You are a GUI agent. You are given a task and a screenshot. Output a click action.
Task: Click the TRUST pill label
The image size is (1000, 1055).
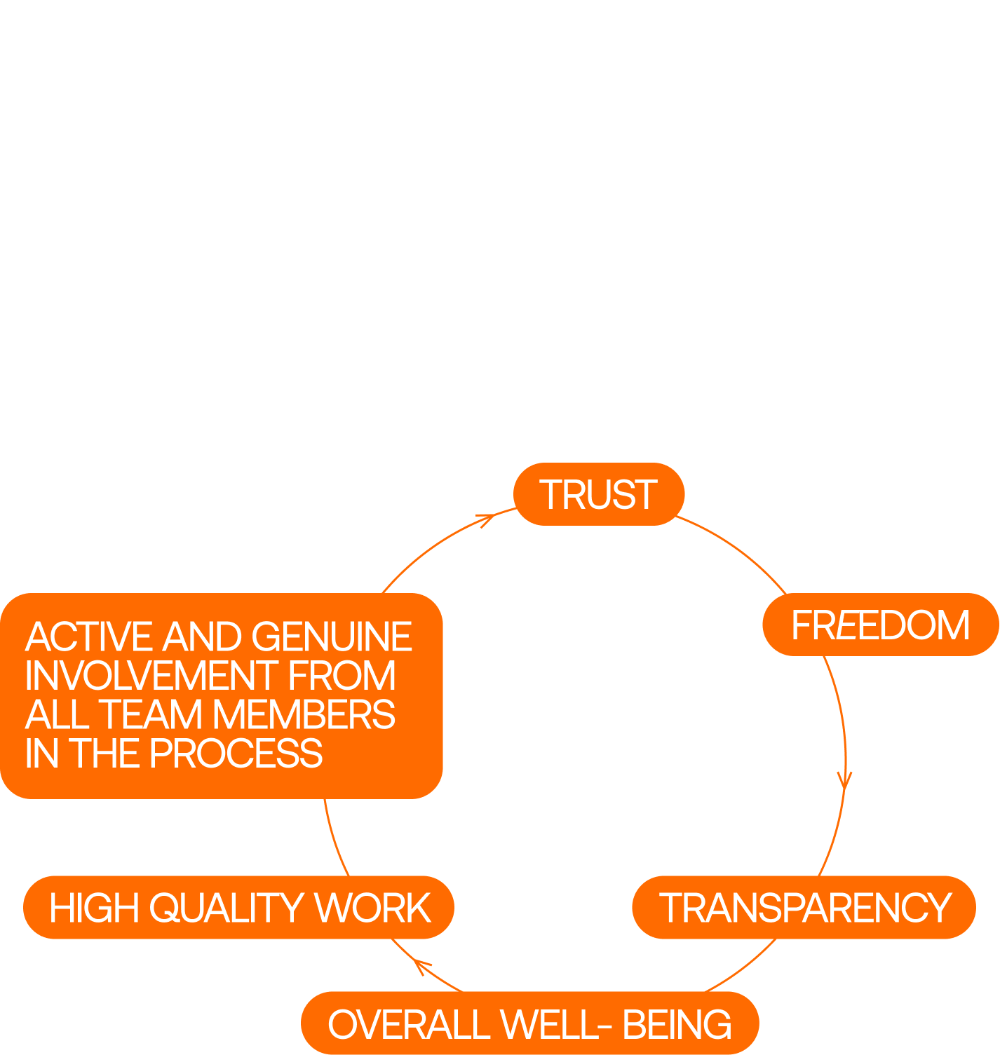(x=598, y=494)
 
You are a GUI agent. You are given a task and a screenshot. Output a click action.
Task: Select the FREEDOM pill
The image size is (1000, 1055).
(x=880, y=625)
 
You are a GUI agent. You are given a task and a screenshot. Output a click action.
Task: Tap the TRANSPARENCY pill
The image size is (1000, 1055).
(x=804, y=907)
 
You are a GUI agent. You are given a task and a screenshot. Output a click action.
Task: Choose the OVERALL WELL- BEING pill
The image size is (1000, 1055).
(x=529, y=1023)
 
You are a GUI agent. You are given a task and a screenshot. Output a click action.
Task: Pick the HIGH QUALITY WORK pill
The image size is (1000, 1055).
(x=239, y=907)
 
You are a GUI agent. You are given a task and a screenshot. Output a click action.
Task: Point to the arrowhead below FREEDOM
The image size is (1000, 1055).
(x=845, y=780)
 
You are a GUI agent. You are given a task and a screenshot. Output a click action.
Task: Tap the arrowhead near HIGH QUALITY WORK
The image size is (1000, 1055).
(x=421, y=965)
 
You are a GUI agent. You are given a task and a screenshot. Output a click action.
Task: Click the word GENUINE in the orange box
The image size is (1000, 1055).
(x=331, y=637)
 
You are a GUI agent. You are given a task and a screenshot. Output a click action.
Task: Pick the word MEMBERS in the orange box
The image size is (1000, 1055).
(x=304, y=714)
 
